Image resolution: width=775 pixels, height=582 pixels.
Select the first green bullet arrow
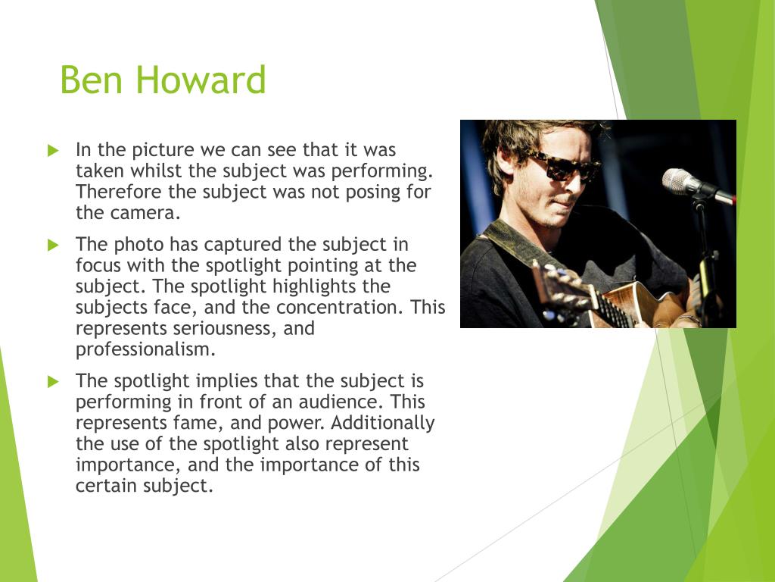coord(54,151)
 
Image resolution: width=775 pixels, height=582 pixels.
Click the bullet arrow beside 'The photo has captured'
coord(54,245)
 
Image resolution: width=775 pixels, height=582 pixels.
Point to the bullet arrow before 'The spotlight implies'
coord(54,382)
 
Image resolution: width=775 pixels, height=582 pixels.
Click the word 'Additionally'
coord(382,423)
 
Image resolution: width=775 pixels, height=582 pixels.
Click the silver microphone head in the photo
coord(681,181)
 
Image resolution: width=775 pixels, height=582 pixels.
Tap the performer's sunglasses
coord(566,167)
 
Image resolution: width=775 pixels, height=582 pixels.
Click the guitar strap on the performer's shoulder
coord(515,242)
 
